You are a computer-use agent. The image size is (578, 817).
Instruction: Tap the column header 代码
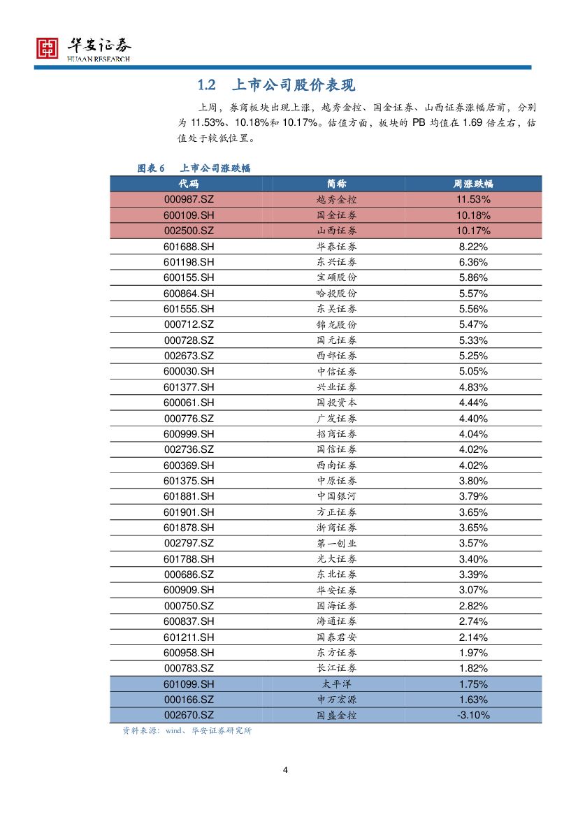point(188,183)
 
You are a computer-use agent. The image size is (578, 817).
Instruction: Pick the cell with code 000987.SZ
point(189,199)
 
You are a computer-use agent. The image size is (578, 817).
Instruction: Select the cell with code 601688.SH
point(189,246)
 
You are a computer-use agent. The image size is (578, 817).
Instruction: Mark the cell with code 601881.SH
point(189,496)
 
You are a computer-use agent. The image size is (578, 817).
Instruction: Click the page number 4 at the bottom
point(285,770)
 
